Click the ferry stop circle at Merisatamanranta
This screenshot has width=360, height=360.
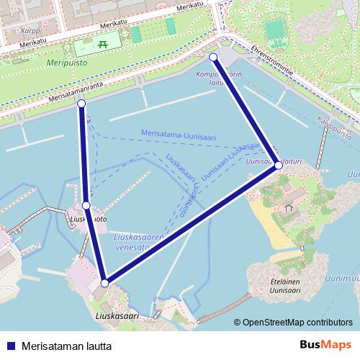coord(81,105)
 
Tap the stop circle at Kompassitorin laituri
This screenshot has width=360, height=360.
coord(212,56)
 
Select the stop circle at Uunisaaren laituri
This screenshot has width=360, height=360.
coord(279,166)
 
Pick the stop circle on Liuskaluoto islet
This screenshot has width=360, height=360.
coord(86,206)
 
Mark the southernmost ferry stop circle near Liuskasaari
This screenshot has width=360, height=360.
coord(104,283)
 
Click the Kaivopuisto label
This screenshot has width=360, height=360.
coord(334,126)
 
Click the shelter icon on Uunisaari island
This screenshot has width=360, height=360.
coord(289,209)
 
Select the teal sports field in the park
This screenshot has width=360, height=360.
coord(274,30)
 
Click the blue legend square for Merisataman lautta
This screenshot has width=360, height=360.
coord(10,346)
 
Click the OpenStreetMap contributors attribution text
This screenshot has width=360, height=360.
coord(296,323)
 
